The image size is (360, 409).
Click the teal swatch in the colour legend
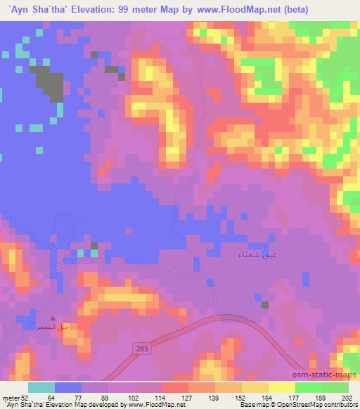42,388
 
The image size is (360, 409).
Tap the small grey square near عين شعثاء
265,304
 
